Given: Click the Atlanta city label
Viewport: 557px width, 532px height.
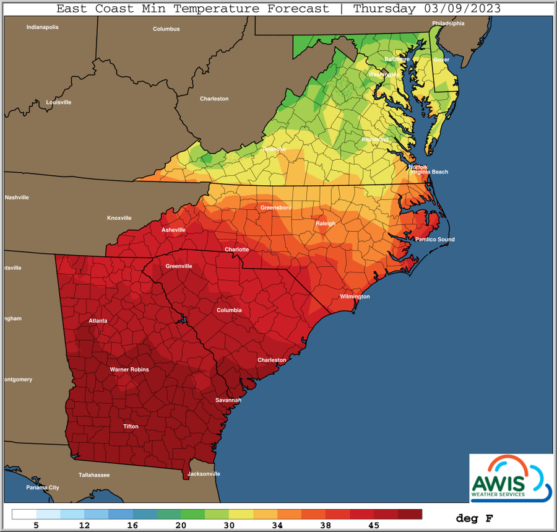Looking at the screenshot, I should point(97,321).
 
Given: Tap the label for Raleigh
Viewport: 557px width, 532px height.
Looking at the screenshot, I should point(326,224).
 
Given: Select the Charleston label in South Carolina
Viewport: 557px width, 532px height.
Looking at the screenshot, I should point(272,360).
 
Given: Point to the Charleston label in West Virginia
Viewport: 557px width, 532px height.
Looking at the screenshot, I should point(214,98).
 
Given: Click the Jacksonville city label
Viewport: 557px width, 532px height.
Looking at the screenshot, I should point(204,474).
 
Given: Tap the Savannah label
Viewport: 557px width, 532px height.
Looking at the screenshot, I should point(228,400).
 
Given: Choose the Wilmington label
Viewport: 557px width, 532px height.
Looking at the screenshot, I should point(355,297).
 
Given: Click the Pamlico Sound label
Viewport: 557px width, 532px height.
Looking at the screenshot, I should point(434,239).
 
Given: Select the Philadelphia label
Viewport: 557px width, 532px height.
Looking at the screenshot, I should point(448,24).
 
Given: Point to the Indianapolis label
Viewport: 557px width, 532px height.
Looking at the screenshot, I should point(42,27).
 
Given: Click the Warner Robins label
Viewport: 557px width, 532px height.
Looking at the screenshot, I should point(129,370).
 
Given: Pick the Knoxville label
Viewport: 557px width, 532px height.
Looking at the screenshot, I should point(119,218).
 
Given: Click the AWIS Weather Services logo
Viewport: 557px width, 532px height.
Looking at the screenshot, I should point(511,477).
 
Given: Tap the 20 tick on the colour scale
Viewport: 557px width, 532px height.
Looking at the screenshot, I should point(181,525).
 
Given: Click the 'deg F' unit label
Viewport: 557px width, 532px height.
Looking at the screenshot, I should point(474,517).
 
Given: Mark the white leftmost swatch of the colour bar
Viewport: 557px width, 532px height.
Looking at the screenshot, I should point(24,514).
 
